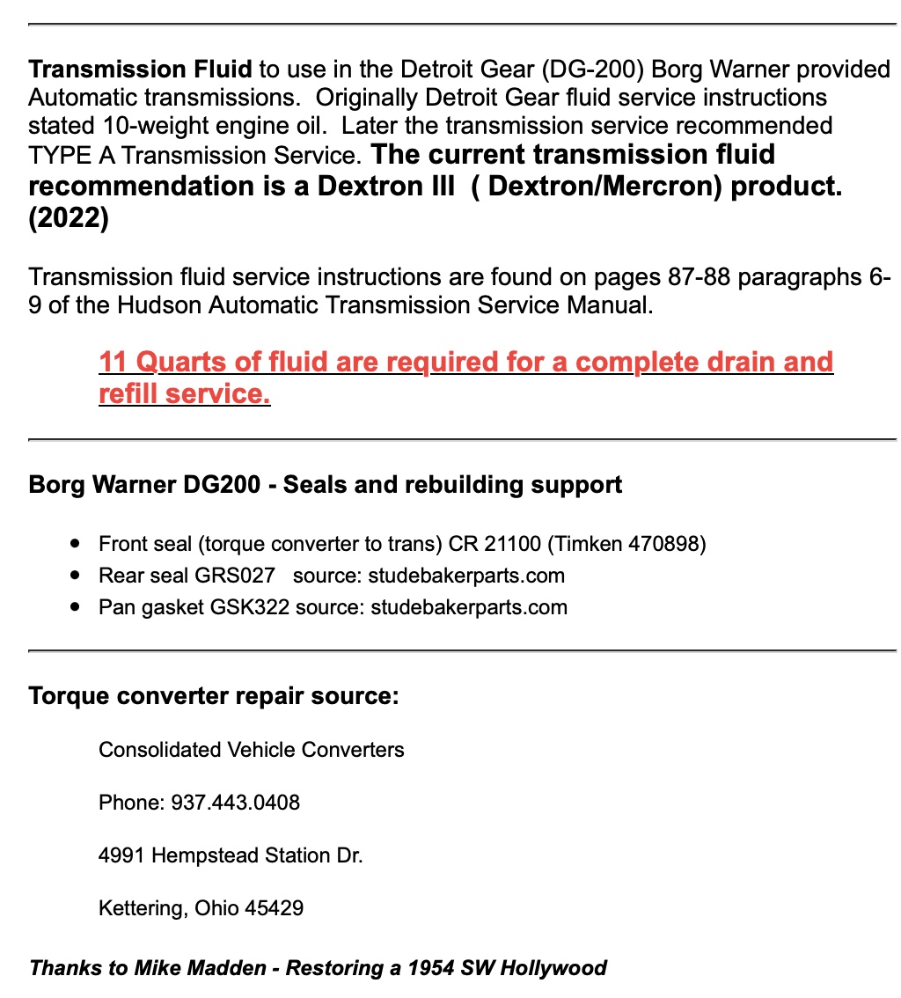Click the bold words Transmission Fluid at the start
(x=141, y=69)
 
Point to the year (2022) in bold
(x=69, y=217)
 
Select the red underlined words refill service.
(x=184, y=393)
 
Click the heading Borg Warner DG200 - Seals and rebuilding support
(x=325, y=484)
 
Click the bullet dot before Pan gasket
(x=79, y=606)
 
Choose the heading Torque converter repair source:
(x=214, y=696)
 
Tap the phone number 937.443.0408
(x=235, y=802)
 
